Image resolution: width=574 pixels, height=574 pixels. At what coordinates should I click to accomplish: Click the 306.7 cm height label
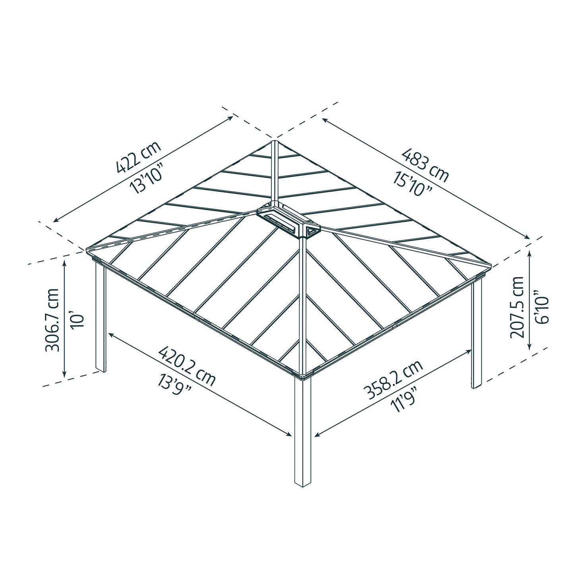click(52, 320)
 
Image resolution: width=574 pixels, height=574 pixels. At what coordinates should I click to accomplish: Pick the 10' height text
click(78, 320)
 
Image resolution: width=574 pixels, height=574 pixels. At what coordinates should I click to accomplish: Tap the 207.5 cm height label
click(517, 307)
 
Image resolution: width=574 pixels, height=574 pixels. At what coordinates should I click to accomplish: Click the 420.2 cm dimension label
click(187, 367)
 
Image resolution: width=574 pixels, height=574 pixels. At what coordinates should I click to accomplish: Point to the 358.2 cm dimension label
click(393, 381)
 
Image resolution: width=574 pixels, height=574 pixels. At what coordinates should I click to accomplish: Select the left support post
click(101, 318)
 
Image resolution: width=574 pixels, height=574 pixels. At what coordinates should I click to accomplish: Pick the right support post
click(477, 334)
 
